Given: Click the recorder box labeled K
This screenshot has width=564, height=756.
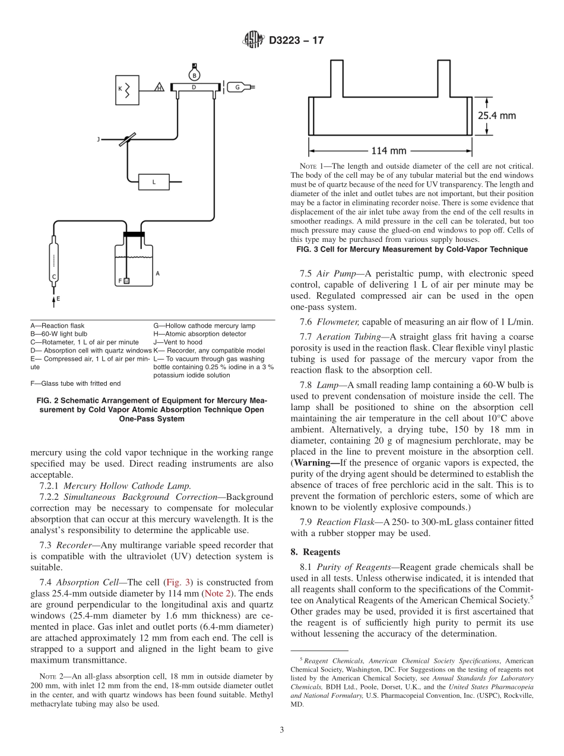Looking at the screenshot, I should tap(126, 89).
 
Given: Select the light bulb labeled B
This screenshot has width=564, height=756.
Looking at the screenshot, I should tap(193, 75).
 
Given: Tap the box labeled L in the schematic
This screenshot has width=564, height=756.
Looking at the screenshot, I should tap(154, 182).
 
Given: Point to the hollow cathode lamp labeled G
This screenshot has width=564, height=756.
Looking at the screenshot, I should tap(239, 87).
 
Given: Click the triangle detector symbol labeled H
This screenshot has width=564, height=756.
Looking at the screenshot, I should tap(159, 88).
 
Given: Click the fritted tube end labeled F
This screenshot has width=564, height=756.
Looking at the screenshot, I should tap(126, 281).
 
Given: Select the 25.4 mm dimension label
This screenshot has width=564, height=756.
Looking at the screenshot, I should tap(497, 116).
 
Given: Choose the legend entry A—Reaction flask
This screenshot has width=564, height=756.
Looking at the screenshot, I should tap(58, 326).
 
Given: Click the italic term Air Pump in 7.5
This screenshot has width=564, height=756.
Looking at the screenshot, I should tap(331, 274).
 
